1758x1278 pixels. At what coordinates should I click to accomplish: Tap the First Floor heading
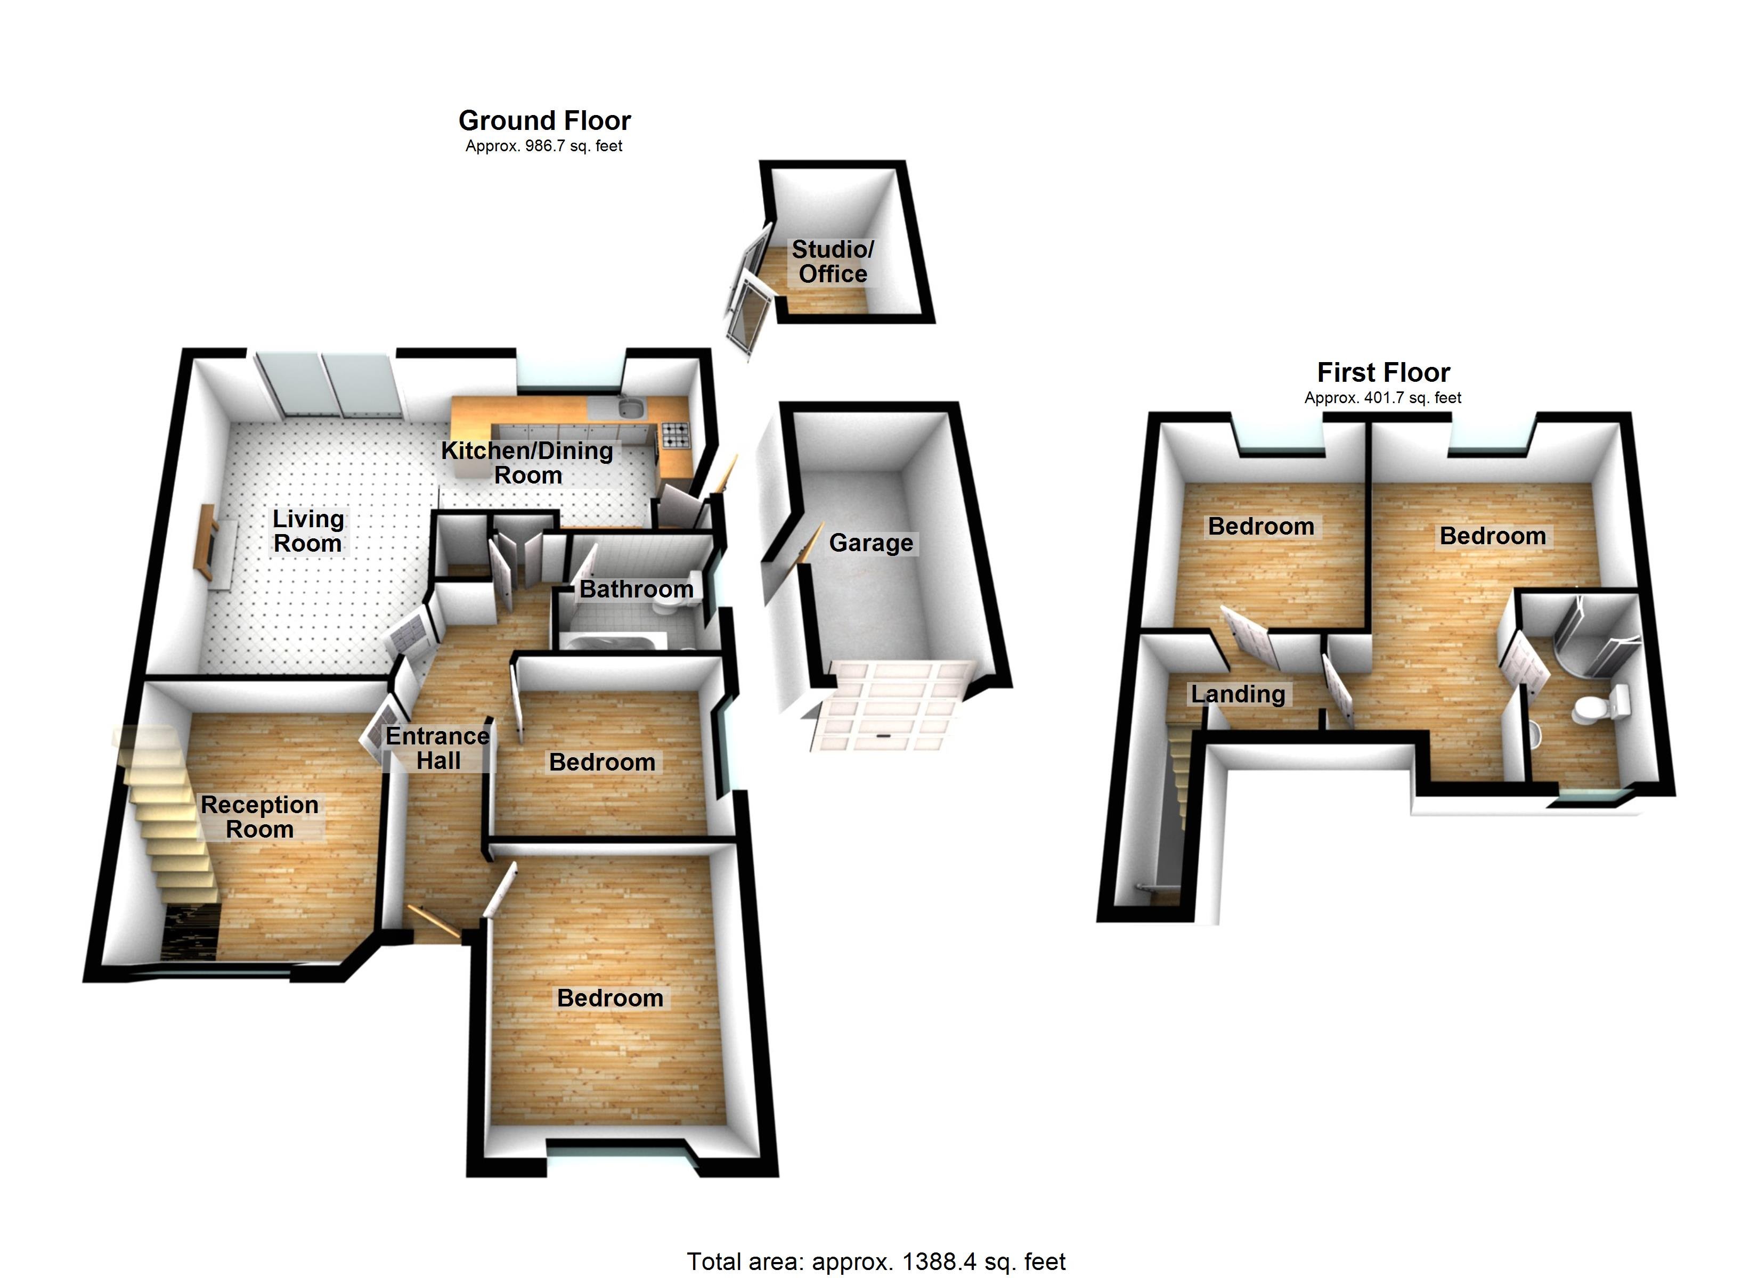click(1383, 373)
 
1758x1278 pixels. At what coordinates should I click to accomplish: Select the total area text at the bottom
click(876, 1261)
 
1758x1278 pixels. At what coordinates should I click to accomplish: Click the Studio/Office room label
click(833, 262)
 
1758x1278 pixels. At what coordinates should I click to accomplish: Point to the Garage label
click(870, 543)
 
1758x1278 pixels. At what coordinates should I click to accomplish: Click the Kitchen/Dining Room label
click(527, 463)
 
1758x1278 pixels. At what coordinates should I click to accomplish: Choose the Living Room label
click(308, 531)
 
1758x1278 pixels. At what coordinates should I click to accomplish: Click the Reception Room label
click(259, 817)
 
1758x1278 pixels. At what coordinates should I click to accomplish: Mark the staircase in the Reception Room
click(167, 814)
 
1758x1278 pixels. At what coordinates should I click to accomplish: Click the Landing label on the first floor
click(1238, 694)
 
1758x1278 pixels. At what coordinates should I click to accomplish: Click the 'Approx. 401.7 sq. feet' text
click(1383, 398)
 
